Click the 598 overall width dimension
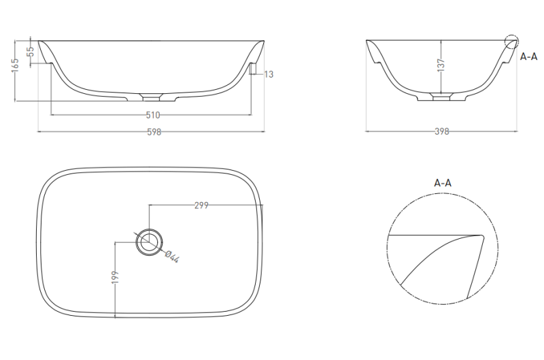coord(154,132)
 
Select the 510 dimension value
coord(152,115)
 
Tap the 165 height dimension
coord(15,65)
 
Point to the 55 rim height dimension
coord(31,52)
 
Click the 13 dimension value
coord(269,74)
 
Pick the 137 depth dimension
coord(441,65)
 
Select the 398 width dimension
coord(441,131)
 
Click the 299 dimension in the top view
coord(201,206)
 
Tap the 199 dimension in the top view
coord(115,278)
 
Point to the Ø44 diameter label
coord(172,257)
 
